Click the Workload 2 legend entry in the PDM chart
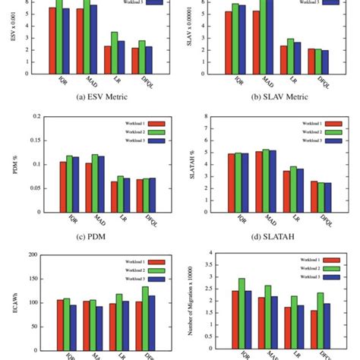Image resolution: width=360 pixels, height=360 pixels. coord(137,131)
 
